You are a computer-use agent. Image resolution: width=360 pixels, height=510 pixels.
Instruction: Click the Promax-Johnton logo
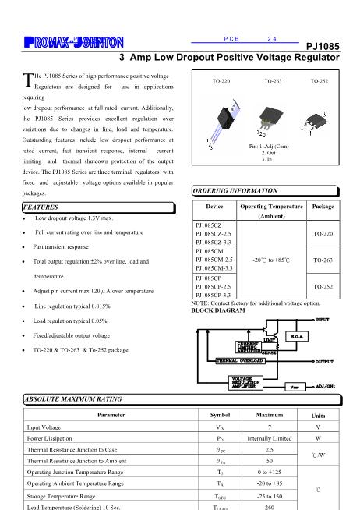pyautogui.click(x=63, y=41)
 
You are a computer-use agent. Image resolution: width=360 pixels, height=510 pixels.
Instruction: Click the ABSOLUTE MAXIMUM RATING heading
pyautogui.click(x=72, y=398)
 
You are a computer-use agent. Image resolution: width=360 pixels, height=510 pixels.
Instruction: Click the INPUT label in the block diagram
pyautogui.click(x=326, y=320)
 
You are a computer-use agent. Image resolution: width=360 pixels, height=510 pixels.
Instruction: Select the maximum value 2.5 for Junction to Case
pyautogui.click(x=269, y=450)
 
